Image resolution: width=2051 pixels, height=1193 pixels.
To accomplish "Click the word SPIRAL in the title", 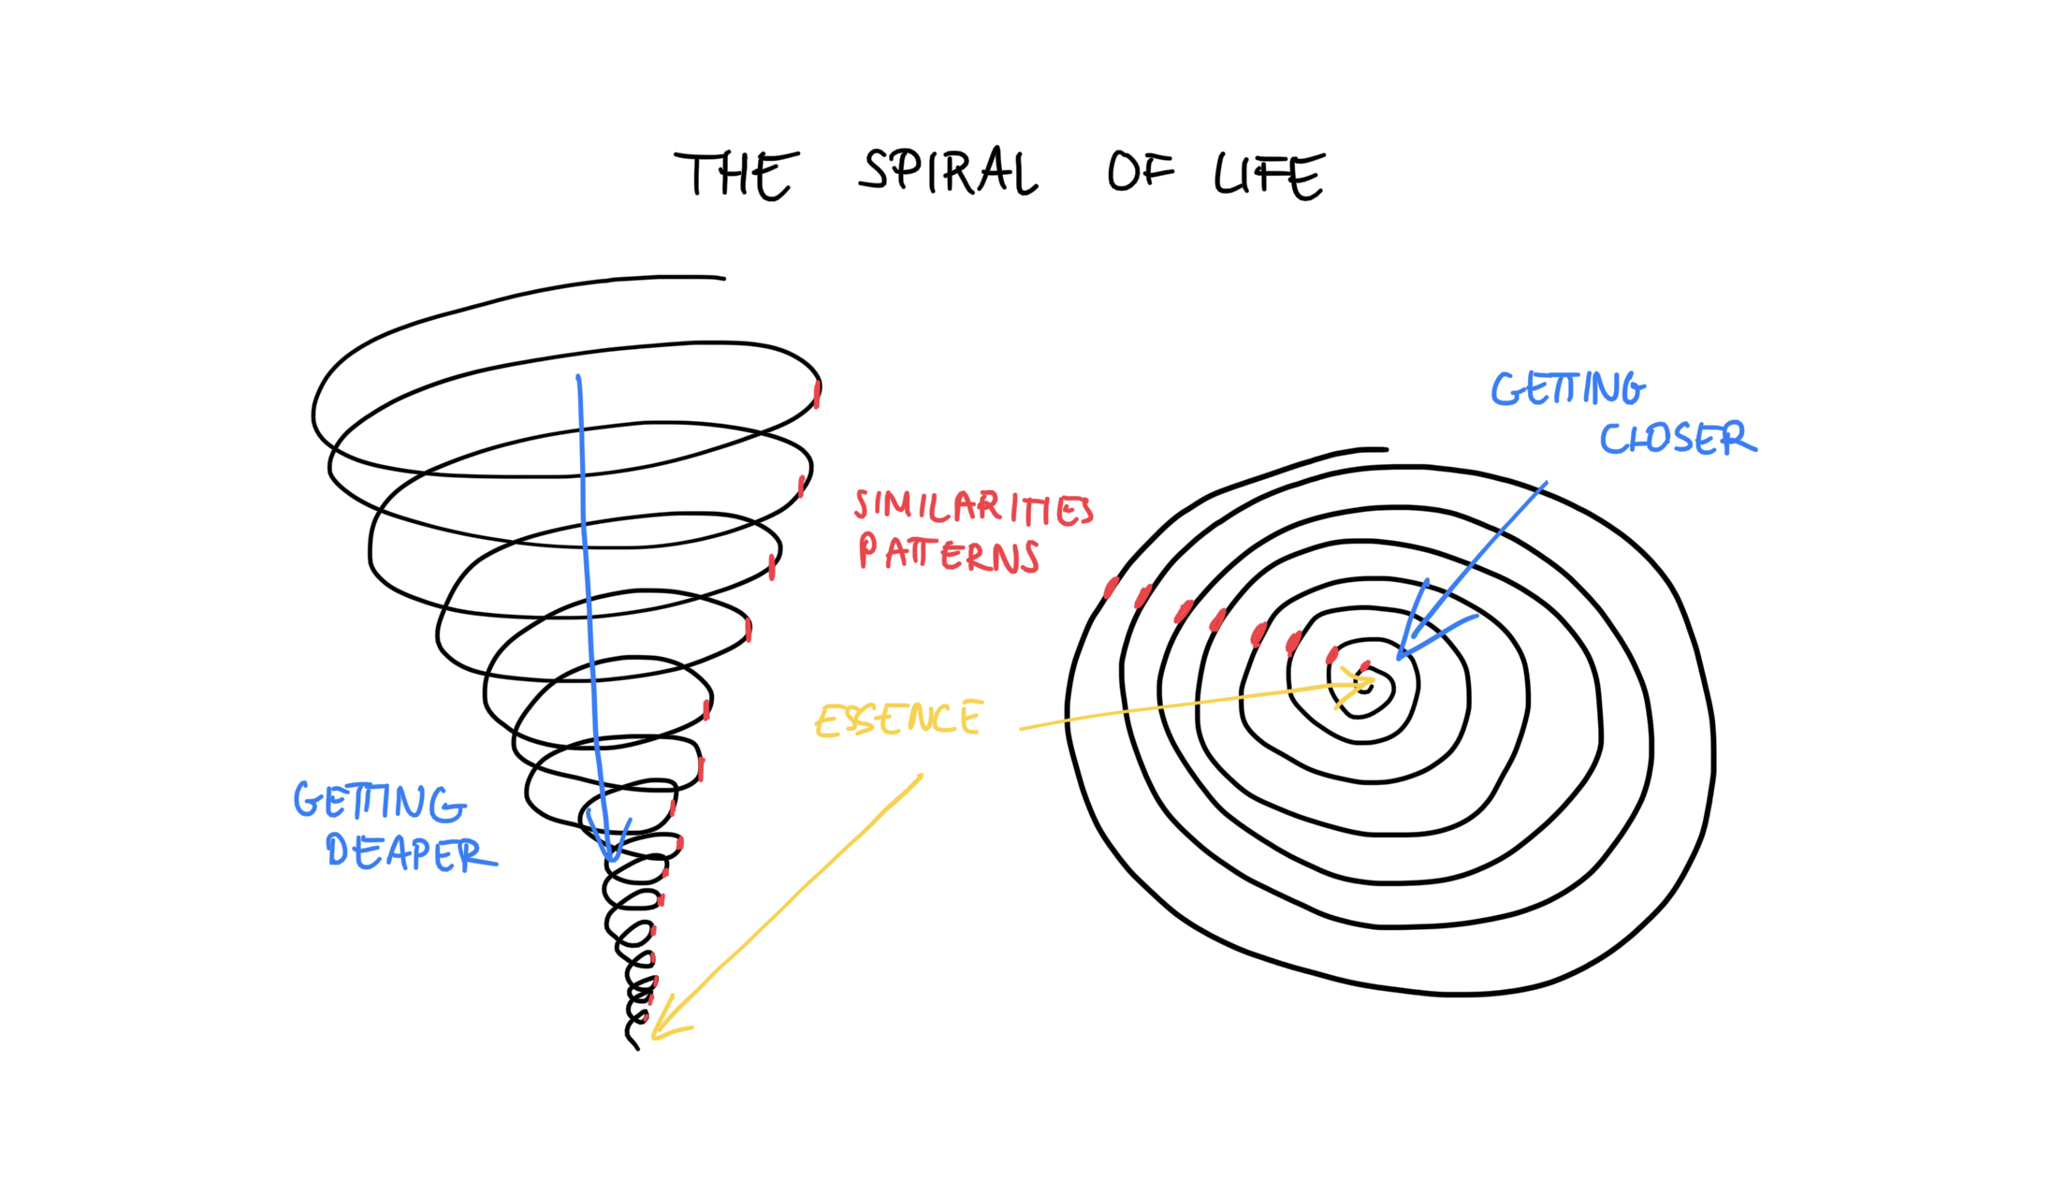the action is (x=948, y=171).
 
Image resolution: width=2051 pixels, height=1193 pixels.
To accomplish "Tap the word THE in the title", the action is (x=736, y=175).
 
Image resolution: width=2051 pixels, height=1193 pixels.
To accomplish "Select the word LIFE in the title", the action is (x=1270, y=175).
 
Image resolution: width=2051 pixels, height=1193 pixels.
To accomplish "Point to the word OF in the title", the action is (x=1141, y=171).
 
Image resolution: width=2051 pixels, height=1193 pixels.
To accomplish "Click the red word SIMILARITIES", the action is (x=973, y=506).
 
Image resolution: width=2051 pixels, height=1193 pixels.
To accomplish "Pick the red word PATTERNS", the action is (x=949, y=553).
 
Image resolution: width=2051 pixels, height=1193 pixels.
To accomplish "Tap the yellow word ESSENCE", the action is (x=898, y=719).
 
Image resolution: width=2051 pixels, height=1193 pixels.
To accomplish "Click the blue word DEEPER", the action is (x=411, y=852).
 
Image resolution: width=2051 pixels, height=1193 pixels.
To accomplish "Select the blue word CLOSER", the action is (x=1678, y=438).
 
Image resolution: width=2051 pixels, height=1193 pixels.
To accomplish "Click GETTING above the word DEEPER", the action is (x=380, y=802).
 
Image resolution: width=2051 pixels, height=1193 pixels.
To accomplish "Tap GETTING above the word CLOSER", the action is (x=1568, y=389).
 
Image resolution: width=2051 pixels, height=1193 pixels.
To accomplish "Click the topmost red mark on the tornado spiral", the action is (x=817, y=394).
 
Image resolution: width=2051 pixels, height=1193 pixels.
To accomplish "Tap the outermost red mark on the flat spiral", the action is (x=1111, y=588).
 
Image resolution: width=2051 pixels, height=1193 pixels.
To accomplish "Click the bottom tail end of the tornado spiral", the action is (x=637, y=1049).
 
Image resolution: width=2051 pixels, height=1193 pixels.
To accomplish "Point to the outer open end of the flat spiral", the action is (x=1386, y=449).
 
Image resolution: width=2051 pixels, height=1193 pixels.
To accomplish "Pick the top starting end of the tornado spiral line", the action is (x=723, y=278).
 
